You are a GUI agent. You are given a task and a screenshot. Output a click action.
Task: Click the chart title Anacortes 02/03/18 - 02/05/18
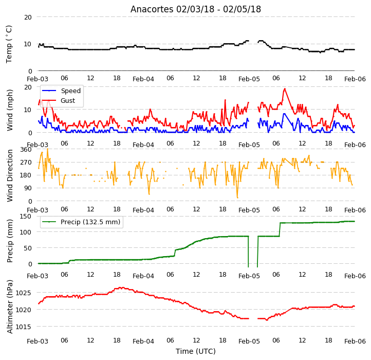[x=196, y=9]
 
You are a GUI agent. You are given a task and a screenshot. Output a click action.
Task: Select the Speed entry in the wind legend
[x=61, y=91]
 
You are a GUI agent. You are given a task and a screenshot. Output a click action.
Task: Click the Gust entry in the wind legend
[x=59, y=100]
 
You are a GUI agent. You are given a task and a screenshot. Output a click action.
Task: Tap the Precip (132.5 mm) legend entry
[x=81, y=222]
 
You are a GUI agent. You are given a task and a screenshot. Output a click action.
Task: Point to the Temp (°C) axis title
[x=9, y=44]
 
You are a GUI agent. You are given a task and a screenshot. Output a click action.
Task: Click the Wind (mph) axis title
[x=10, y=110]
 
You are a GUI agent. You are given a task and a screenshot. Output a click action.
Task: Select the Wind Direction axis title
[x=10, y=175]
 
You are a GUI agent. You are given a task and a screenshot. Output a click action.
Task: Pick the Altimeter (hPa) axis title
[x=10, y=307]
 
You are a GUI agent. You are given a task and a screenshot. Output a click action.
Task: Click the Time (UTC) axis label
[x=196, y=351]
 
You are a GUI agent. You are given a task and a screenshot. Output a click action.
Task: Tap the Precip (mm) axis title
[x=10, y=241]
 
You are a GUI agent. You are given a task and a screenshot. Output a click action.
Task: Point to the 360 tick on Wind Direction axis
[x=26, y=150]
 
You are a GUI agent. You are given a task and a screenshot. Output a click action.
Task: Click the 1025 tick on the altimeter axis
[x=23, y=293]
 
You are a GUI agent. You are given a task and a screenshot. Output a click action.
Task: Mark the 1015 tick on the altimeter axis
[x=23, y=327]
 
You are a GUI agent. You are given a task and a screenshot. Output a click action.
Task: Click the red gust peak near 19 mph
[x=285, y=89]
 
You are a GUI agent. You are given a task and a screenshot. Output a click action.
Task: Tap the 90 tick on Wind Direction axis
[x=28, y=188]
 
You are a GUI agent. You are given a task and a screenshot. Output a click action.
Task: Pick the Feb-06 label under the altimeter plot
[x=355, y=341]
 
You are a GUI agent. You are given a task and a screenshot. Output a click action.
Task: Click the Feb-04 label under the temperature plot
[x=143, y=79]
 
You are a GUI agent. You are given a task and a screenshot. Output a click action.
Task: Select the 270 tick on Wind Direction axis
[x=26, y=162]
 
